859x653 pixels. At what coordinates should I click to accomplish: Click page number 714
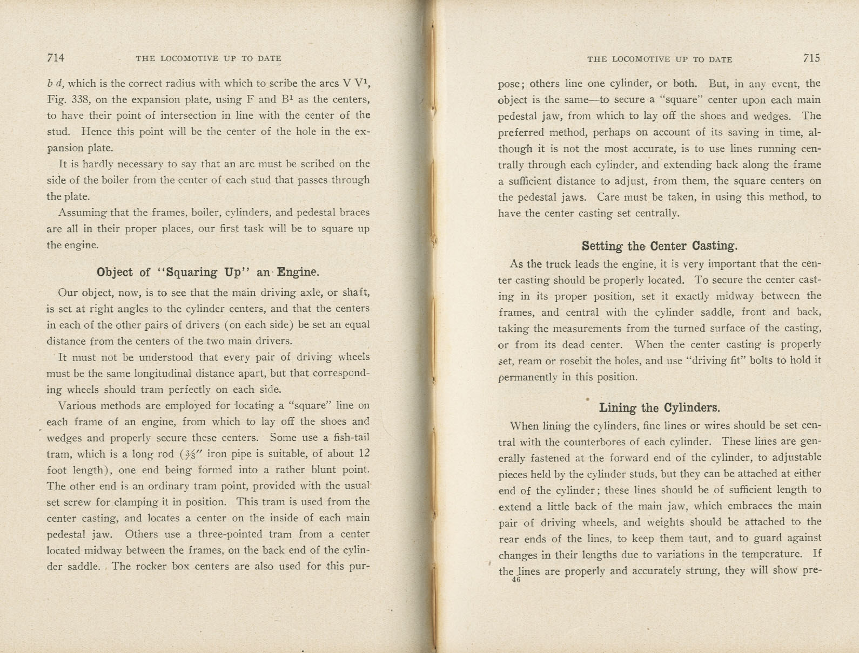coord(56,58)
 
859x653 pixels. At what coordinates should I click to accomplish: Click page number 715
coord(811,58)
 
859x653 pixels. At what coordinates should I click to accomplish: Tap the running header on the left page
coord(209,59)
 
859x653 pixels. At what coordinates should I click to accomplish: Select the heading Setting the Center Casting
coord(659,246)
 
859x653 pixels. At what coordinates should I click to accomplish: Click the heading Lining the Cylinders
coord(659,407)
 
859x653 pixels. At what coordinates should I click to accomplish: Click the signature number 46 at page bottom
coord(515,580)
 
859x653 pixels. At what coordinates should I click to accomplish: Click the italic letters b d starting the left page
coord(54,84)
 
